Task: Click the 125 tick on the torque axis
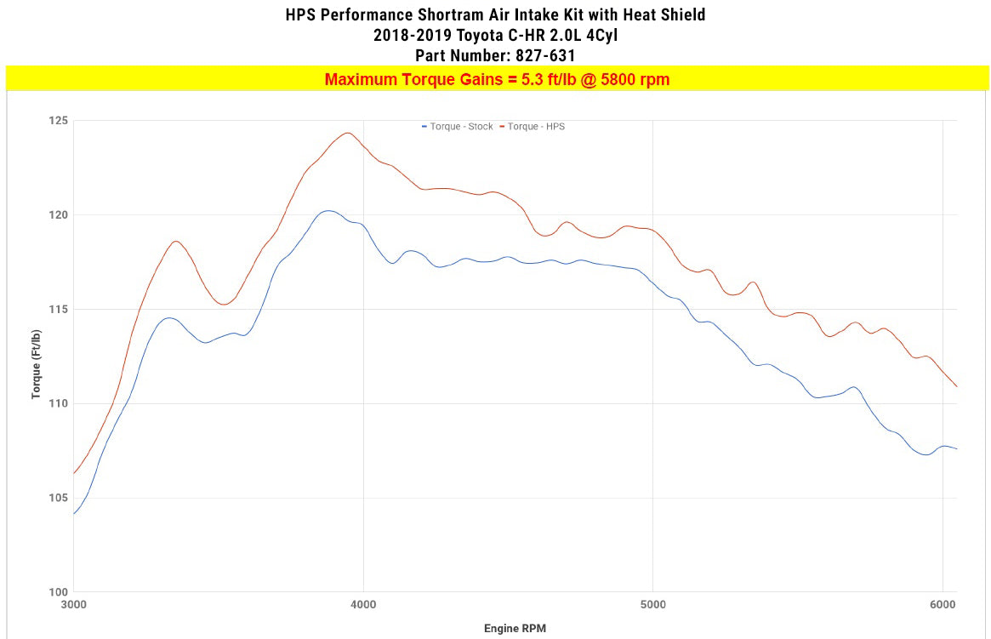tap(58, 121)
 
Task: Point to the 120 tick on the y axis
tap(58, 215)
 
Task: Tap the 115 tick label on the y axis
tap(58, 310)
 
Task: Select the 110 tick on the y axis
tap(58, 403)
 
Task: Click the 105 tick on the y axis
tap(58, 498)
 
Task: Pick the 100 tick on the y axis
tap(58, 592)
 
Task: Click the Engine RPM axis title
tap(515, 629)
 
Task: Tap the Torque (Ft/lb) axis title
tap(37, 356)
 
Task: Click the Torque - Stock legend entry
tap(458, 127)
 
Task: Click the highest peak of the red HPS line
tap(347, 133)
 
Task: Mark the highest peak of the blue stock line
tap(328, 210)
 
